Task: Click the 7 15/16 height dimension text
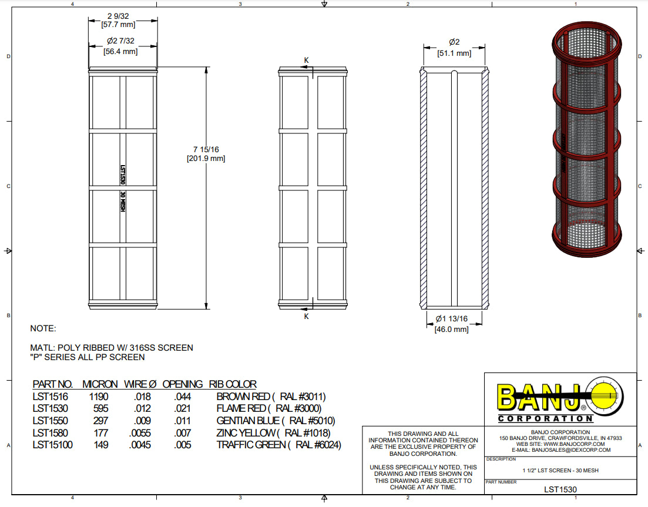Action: [205, 149]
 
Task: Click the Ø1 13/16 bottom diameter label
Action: [451, 319]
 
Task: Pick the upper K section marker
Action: [306, 60]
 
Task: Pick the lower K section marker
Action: [306, 317]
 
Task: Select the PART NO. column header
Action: [52, 384]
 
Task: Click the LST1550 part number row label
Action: [50, 421]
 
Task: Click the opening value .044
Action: [182, 397]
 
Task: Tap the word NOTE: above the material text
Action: [43, 328]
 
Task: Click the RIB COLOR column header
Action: [233, 384]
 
